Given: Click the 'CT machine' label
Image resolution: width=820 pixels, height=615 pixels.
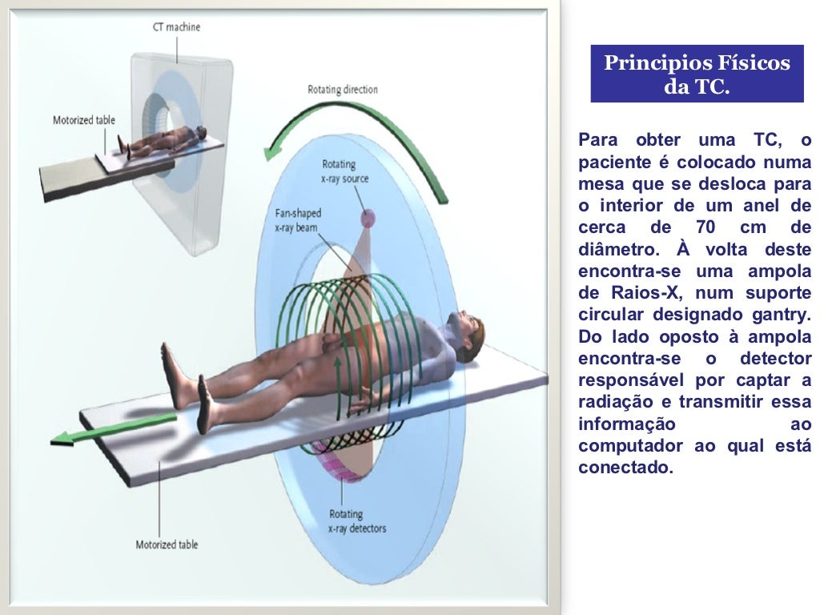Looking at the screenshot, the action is [176, 27].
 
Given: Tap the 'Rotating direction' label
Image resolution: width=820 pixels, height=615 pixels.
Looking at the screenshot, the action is [343, 90].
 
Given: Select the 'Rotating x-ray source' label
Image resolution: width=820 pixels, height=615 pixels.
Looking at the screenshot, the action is [345, 171].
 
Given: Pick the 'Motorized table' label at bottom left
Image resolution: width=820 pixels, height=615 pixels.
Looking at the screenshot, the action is [167, 545].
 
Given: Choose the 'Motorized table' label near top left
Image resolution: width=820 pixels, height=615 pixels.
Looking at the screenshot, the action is [84, 121].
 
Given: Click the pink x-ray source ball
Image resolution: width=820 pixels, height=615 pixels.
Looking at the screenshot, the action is [367, 216].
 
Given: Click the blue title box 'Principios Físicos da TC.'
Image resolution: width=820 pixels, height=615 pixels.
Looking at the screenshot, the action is [697, 74].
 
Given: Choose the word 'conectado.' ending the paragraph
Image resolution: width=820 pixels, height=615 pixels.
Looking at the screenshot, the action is [625, 467].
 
